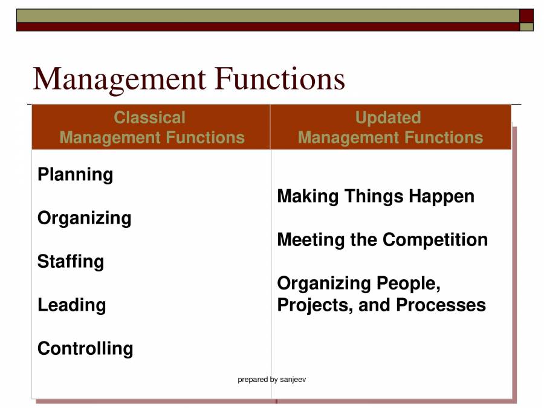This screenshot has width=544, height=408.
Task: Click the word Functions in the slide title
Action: pos(280,79)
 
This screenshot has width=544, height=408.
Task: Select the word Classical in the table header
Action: pos(149,117)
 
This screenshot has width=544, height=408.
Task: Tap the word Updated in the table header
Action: pos(388,117)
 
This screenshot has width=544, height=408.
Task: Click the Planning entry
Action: pos(75,175)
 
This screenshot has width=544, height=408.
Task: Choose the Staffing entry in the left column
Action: pos(70,262)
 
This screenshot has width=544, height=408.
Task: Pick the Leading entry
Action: pos(71,305)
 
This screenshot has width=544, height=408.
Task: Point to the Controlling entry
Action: pos(85,349)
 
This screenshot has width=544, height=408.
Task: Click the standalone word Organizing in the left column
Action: pos(84,218)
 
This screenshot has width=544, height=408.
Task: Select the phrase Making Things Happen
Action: pos(375,196)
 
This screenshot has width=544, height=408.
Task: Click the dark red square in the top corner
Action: pos(526,16)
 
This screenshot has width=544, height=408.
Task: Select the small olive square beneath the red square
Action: pos(526,27)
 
